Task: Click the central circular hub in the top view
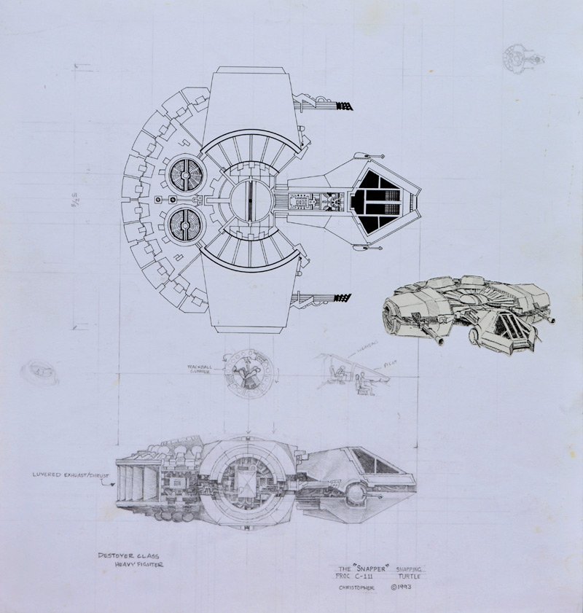click(x=249, y=199)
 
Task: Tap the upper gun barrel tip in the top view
click(x=348, y=106)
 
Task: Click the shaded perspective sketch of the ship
click(x=466, y=310)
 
